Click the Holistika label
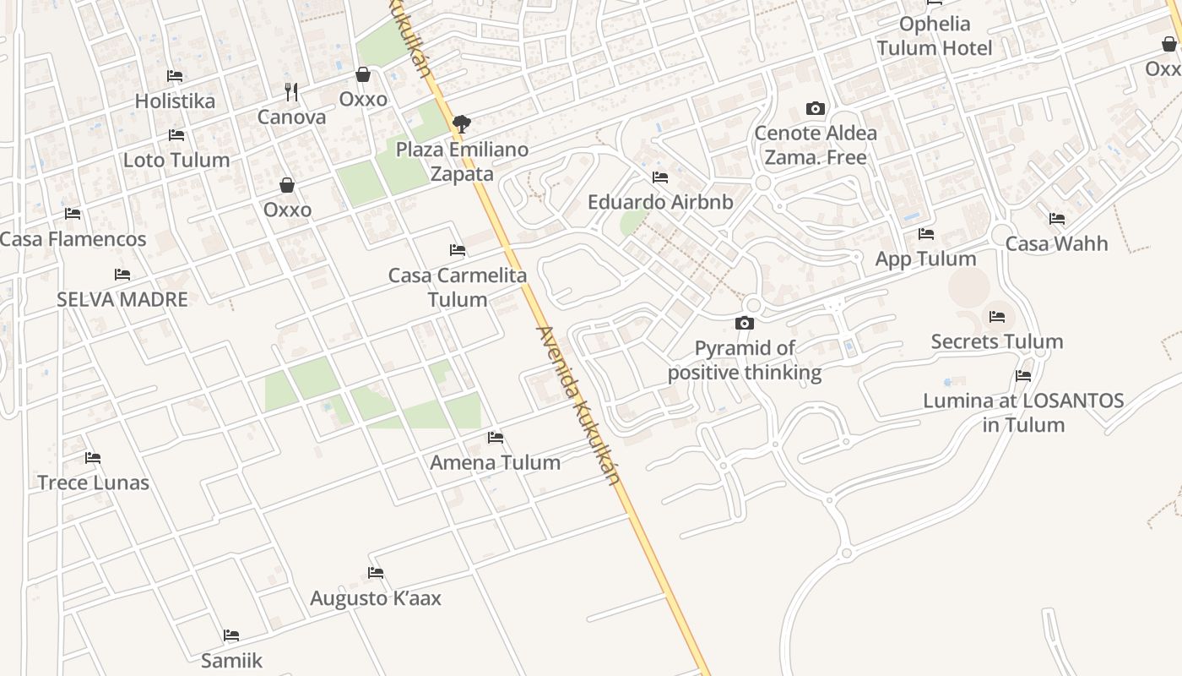[175, 101]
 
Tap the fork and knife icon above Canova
[291, 91]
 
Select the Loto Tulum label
[176, 160]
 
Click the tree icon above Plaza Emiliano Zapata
[461, 124]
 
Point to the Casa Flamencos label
[73, 239]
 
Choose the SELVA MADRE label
[122, 299]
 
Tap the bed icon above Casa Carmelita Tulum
[458, 250]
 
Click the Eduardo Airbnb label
[660, 203]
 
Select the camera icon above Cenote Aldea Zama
[815, 108]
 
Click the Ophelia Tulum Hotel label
[935, 35]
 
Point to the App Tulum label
[925, 259]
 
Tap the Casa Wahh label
[1056, 243]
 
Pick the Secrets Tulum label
[996, 341]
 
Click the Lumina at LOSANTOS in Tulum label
[1023, 412]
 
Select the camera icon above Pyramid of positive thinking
[744, 323]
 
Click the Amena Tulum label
[495, 462]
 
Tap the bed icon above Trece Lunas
[93, 458]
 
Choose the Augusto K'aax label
[376, 598]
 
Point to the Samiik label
[231, 660]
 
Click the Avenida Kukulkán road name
[578, 406]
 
